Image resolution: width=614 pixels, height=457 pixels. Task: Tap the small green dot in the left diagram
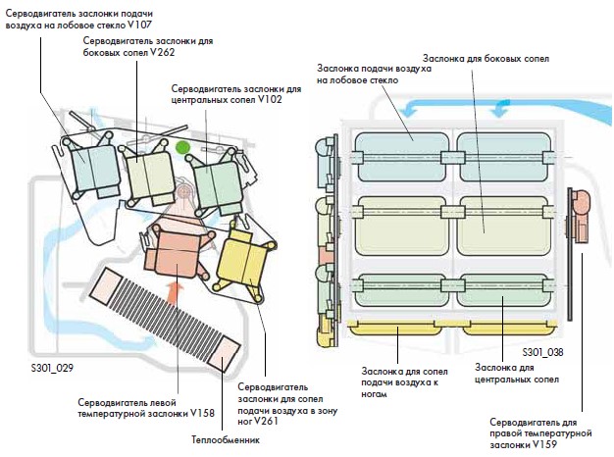[182, 148]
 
